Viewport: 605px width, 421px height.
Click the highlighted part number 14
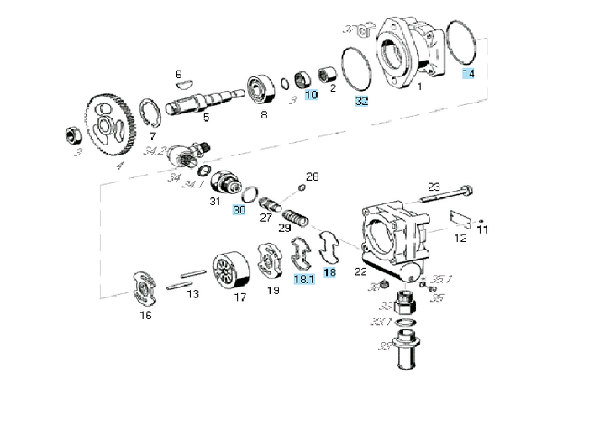(468, 74)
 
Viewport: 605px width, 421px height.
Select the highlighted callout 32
(361, 101)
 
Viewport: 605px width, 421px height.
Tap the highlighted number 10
(311, 95)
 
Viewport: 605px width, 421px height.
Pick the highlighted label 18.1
(303, 276)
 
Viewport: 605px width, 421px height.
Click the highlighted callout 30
(239, 209)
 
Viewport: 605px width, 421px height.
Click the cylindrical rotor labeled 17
(232, 271)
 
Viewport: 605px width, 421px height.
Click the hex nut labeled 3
(73, 134)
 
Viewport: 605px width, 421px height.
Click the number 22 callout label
(360, 271)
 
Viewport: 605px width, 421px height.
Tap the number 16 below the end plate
(145, 316)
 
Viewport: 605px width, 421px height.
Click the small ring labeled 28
(302, 188)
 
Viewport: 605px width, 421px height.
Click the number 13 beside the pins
(192, 294)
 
